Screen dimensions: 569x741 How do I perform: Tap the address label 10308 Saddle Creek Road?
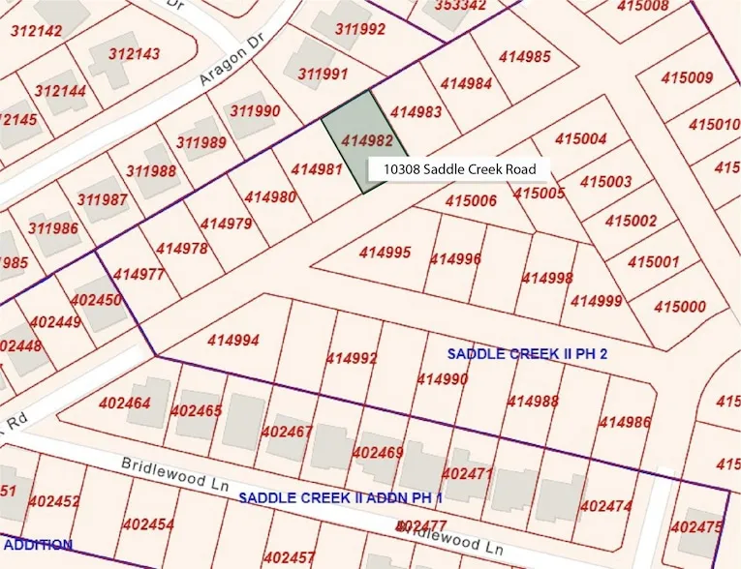coord(458,169)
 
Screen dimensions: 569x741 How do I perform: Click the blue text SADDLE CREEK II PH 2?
coord(527,353)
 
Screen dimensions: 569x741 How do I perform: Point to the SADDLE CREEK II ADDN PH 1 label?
coord(340,497)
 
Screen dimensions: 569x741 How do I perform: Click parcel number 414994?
coord(232,341)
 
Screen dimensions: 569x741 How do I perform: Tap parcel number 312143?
coord(135,54)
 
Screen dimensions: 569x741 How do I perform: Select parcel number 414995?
coord(385,254)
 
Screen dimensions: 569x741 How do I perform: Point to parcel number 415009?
coord(687,77)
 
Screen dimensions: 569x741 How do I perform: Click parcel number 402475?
coord(696,527)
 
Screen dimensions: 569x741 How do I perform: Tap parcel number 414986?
coord(625,421)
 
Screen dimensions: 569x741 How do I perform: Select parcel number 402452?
coord(54,501)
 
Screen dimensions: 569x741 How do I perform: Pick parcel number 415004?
coord(581,139)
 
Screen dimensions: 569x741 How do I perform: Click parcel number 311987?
coord(103,200)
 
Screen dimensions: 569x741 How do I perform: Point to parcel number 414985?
coord(525,57)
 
